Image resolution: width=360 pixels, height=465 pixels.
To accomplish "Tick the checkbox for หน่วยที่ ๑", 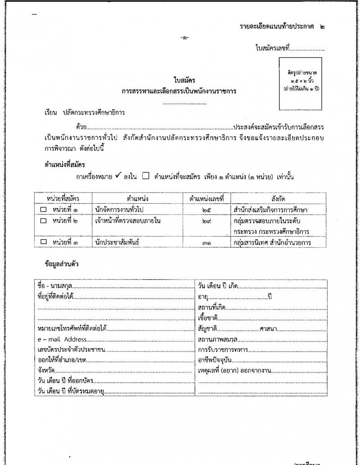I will (44, 209).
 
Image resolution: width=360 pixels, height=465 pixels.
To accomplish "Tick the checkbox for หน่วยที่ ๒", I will (44, 221).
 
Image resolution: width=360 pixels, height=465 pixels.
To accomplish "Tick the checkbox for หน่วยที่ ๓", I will (44, 242).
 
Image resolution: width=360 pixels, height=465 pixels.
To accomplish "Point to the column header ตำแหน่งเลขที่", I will (207, 198).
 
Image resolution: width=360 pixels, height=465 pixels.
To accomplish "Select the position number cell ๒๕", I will (207, 210).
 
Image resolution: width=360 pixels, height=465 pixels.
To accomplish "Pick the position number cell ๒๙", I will (207, 221).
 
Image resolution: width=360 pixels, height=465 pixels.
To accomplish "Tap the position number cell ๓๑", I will (207, 243).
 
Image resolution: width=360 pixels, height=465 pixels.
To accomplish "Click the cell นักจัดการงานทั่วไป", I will (121, 210).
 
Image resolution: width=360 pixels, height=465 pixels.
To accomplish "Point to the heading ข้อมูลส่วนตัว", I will (58, 264).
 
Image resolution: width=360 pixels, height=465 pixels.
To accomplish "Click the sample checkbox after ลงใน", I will (145, 176).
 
